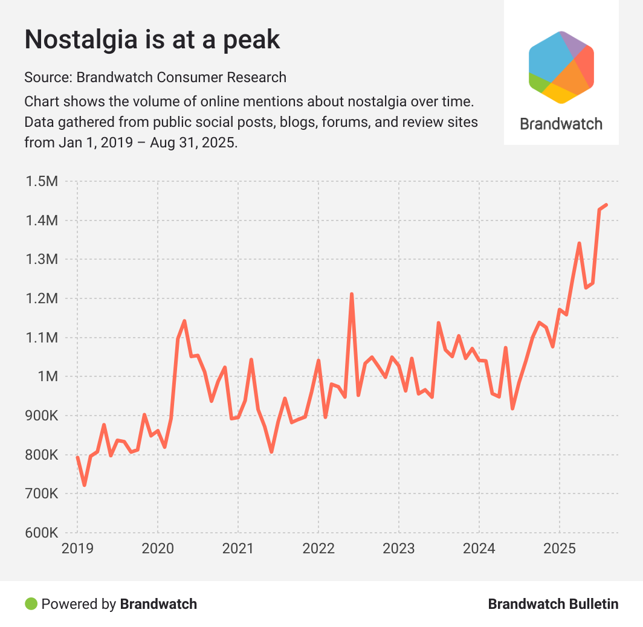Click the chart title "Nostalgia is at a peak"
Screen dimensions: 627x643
coord(152,40)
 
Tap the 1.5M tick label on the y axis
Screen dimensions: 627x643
coord(40,181)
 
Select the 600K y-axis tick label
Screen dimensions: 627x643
coord(40,533)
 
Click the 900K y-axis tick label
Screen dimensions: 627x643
coord(40,416)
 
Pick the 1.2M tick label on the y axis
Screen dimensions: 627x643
coord(40,298)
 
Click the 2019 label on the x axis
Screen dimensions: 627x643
coord(77,549)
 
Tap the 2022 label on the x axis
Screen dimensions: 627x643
coord(318,549)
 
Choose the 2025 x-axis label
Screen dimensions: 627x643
coord(560,549)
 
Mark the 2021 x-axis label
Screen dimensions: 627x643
coord(238,549)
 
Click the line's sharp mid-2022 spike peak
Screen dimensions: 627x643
coord(352,294)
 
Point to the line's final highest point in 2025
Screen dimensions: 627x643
coord(606,205)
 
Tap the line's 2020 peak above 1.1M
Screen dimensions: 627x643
coord(184,321)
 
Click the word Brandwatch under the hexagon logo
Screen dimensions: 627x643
coord(561,124)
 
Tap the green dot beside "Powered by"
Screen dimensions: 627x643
coord(31,603)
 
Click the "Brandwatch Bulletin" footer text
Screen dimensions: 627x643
coord(553,603)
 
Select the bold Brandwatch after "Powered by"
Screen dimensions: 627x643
coord(158,603)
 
